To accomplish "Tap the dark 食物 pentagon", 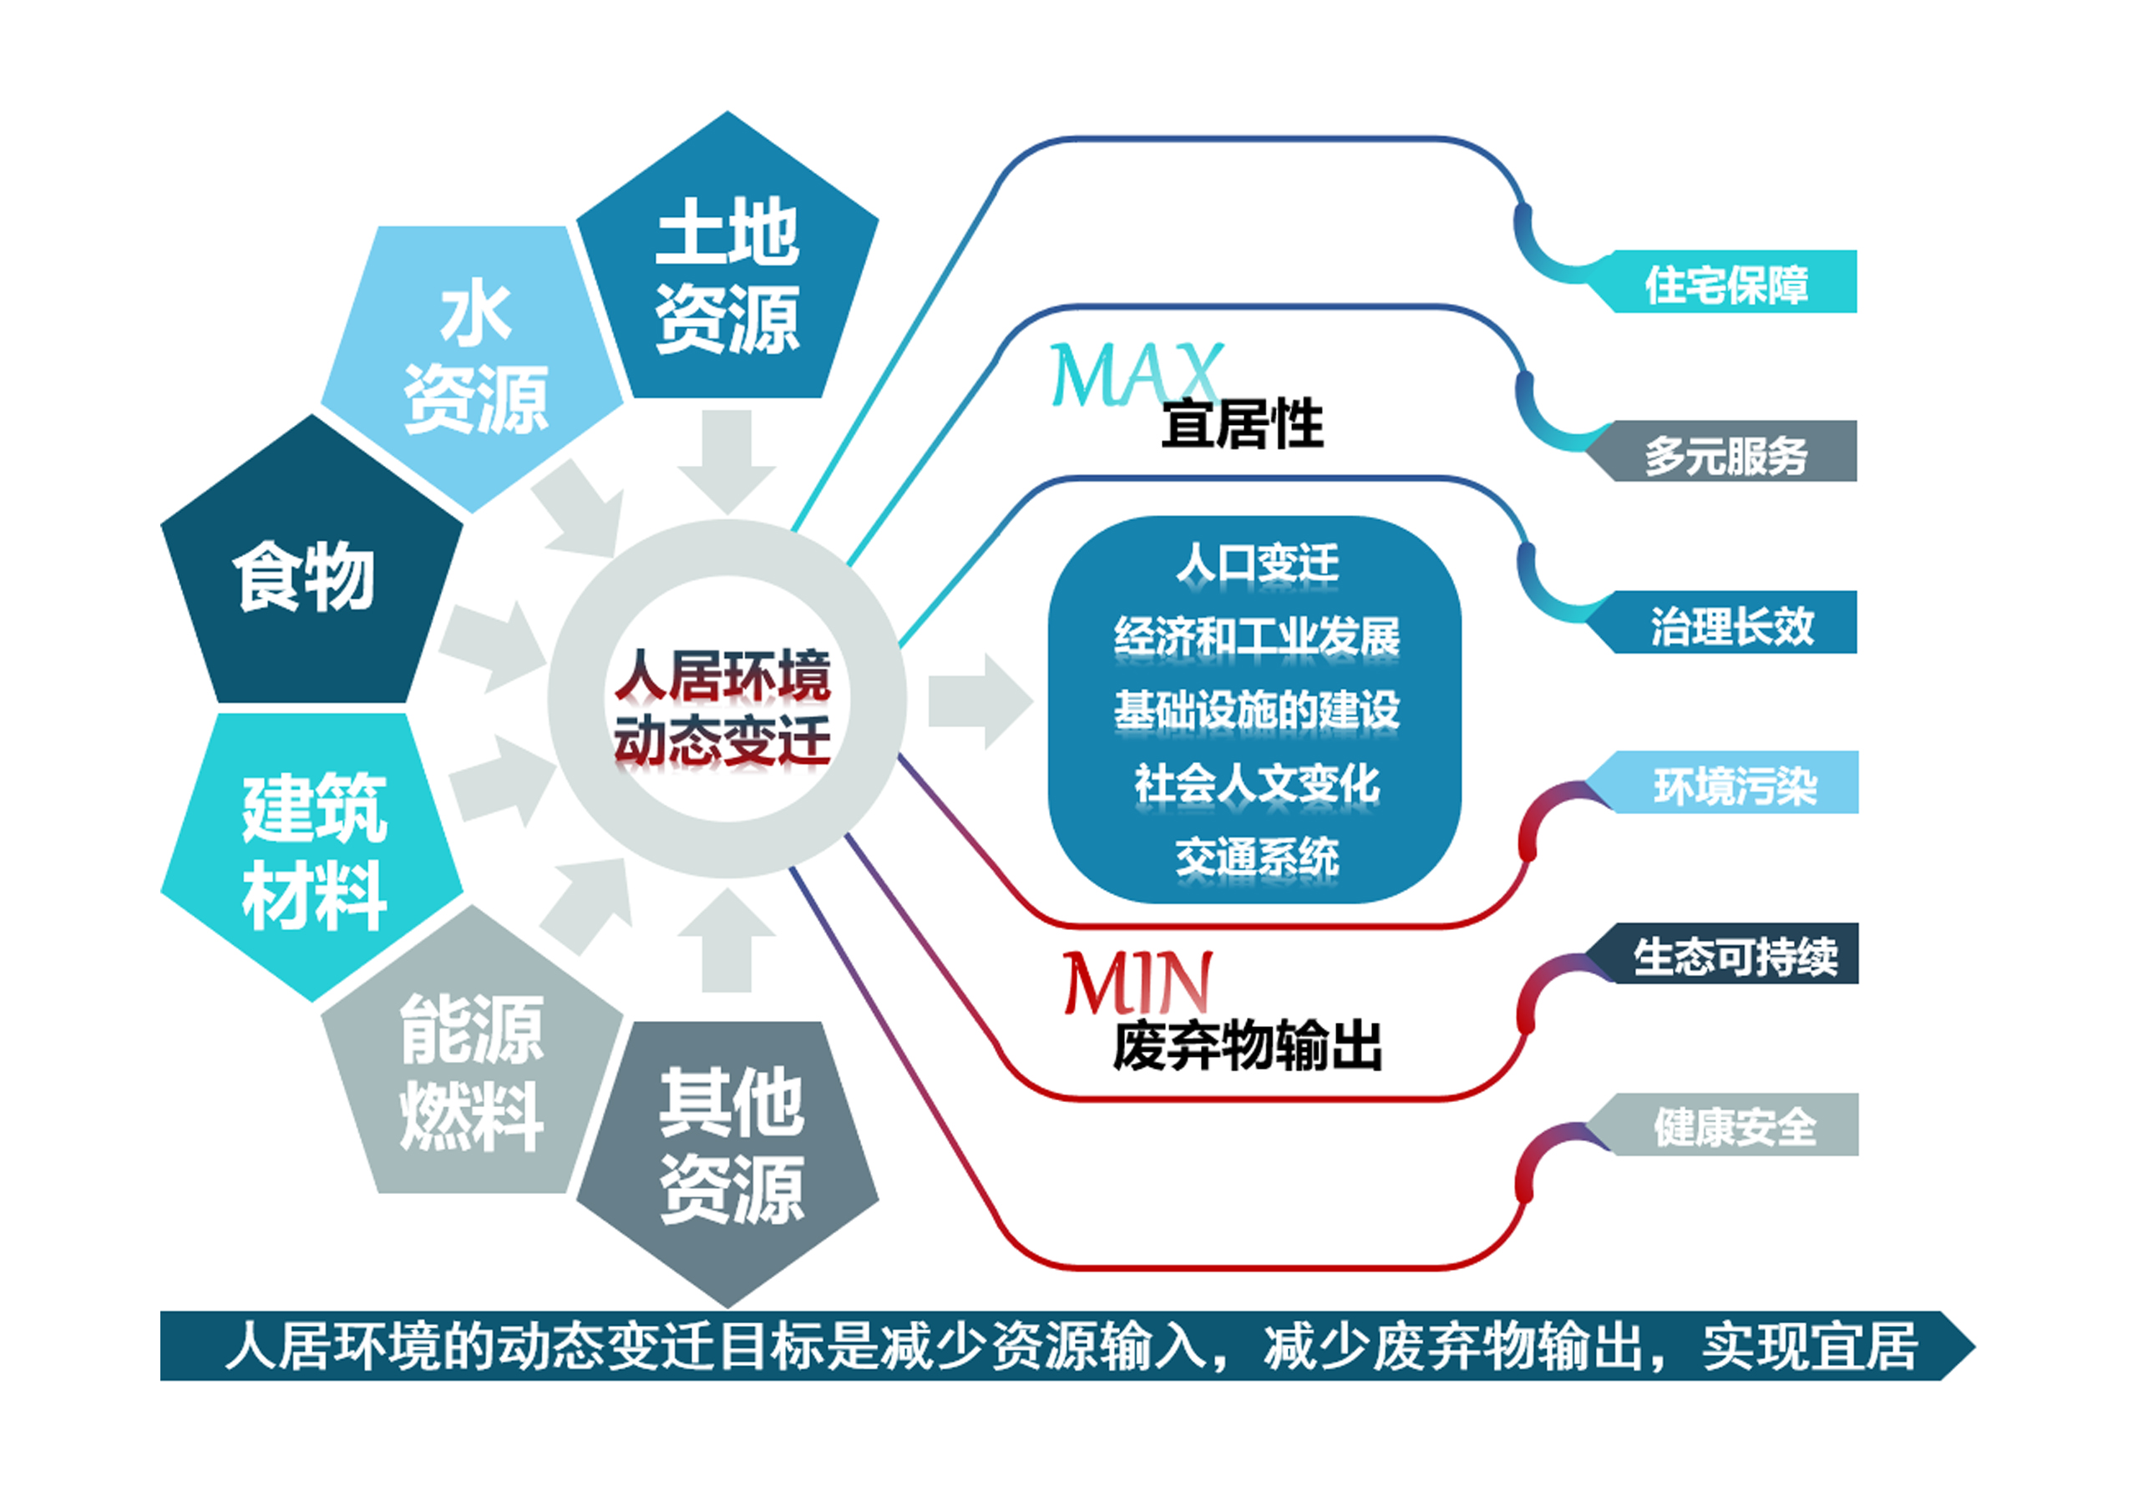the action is pyautogui.click(x=310, y=568).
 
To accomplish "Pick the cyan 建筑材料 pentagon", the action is pyautogui.click(x=310, y=852).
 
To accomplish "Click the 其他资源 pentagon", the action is pyautogui.click(x=727, y=1155).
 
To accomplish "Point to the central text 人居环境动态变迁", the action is pyautogui.click(x=722, y=709).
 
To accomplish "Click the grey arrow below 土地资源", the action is pyautogui.click(x=727, y=462).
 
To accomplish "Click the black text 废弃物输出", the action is pyautogui.click(x=1247, y=1045).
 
